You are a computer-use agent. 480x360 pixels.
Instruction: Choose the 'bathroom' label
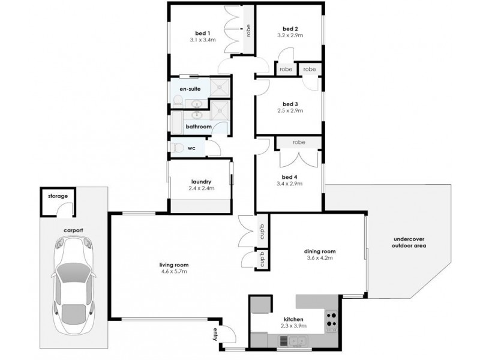pyautogui.click(x=197, y=127)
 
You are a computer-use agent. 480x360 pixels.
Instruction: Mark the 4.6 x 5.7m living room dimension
pyautogui.click(x=173, y=271)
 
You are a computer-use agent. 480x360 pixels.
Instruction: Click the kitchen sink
pyautogui.click(x=295, y=341)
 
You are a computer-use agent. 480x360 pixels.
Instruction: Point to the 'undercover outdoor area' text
pyautogui.click(x=409, y=242)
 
